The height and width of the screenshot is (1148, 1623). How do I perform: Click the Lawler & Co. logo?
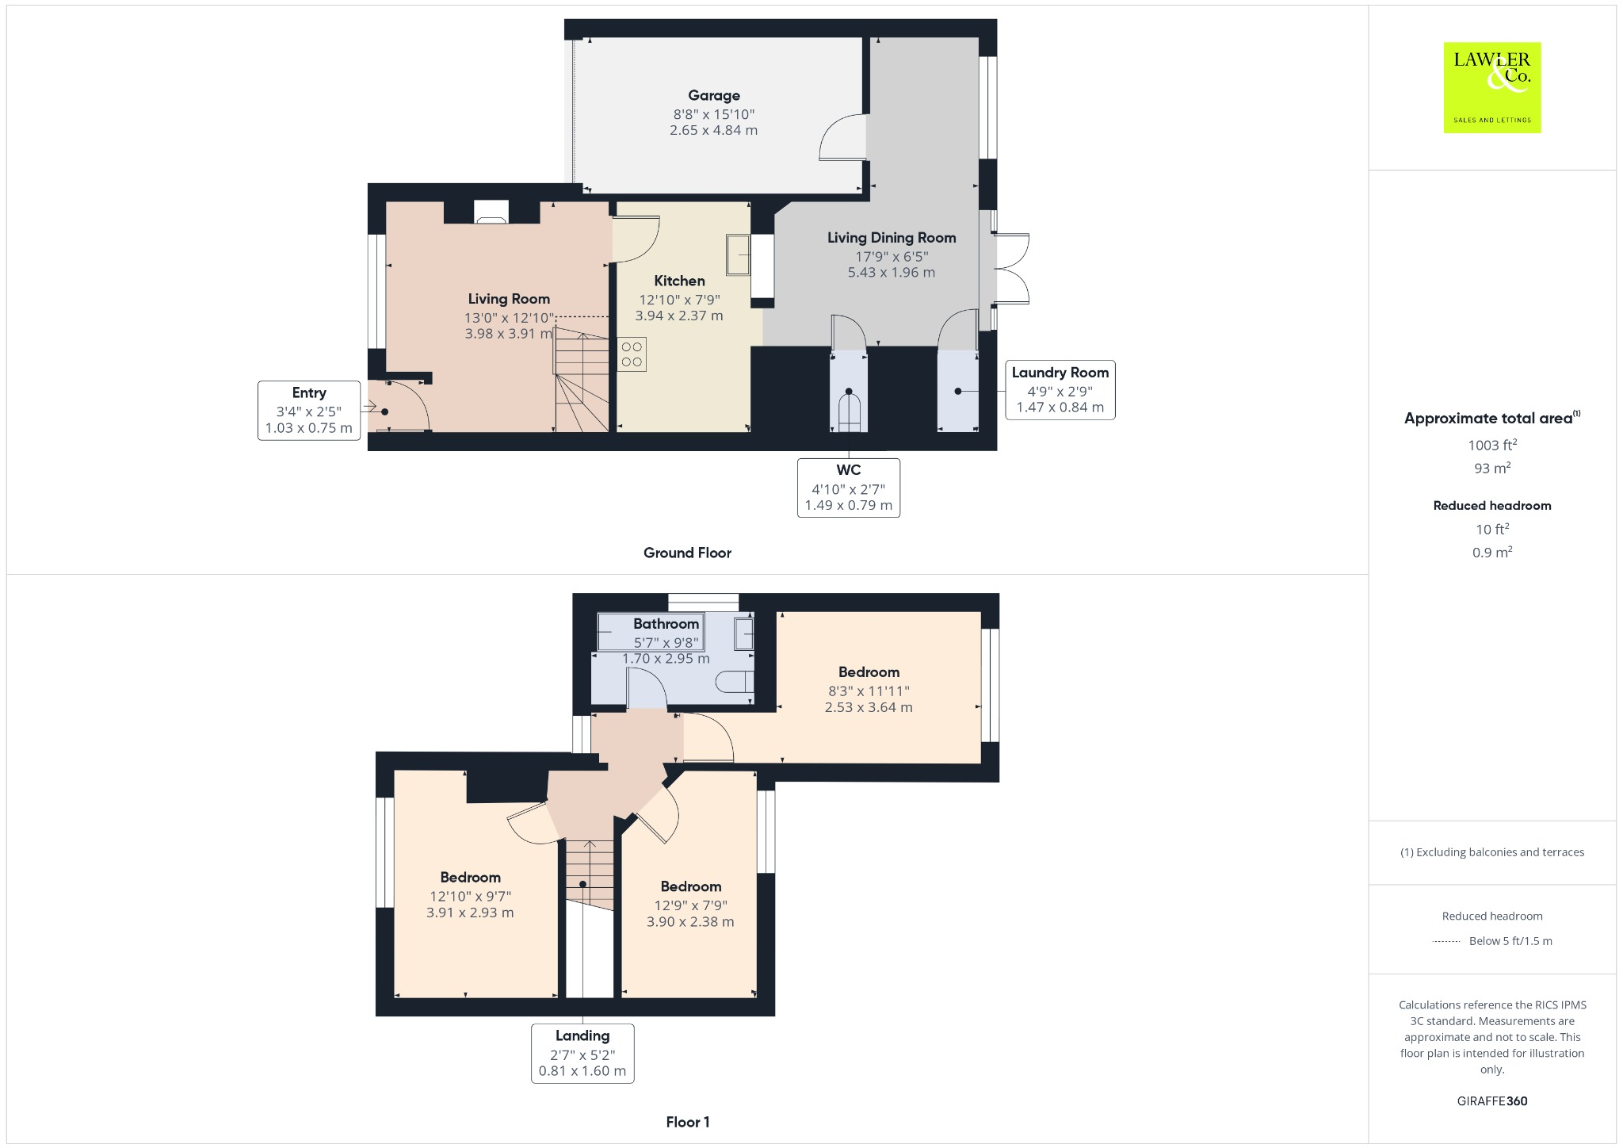(x=1491, y=87)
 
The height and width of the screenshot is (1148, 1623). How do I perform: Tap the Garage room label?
(x=713, y=96)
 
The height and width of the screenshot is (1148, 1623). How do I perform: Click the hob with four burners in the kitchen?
(x=632, y=354)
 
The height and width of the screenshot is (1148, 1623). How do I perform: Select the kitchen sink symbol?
(x=738, y=255)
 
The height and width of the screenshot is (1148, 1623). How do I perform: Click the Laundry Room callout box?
(x=1060, y=389)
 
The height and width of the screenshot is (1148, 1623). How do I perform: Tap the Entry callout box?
(x=308, y=410)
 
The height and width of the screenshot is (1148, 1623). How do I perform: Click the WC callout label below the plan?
(x=848, y=488)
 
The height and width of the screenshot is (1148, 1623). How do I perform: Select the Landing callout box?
(x=582, y=1053)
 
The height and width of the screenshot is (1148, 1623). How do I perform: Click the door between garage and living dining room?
(x=843, y=139)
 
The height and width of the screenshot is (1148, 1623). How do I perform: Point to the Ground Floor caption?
(x=687, y=553)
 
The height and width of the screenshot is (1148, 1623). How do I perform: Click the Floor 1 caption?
(x=687, y=1122)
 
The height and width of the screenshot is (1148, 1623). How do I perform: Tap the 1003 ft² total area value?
(x=1491, y=446)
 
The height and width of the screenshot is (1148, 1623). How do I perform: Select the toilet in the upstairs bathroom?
(x=734, y=682)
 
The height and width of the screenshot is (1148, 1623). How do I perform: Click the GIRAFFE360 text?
(x=1491, y=1100)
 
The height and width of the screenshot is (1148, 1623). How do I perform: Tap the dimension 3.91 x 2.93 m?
(x=470, y=913)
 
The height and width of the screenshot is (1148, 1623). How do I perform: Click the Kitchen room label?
(x=679, y=281)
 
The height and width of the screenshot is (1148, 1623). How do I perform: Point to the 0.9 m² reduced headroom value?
(x=1491, y=553)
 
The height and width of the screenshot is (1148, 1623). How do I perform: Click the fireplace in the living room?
(x=491, y=211)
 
